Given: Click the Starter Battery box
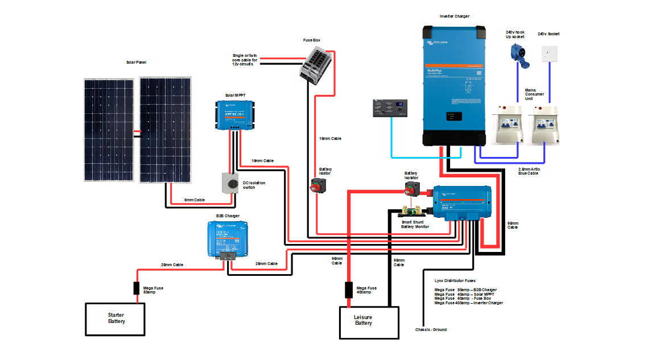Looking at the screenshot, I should coord(116,318).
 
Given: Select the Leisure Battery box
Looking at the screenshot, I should coord(364,322).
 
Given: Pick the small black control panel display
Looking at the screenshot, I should coord(391,108).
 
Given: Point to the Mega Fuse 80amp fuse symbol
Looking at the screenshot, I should coord(137,288).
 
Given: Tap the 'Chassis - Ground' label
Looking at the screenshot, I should coord(431,329).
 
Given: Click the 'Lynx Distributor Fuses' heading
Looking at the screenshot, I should coord(455,280).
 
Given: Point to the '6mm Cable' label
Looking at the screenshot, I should coord(195,200).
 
